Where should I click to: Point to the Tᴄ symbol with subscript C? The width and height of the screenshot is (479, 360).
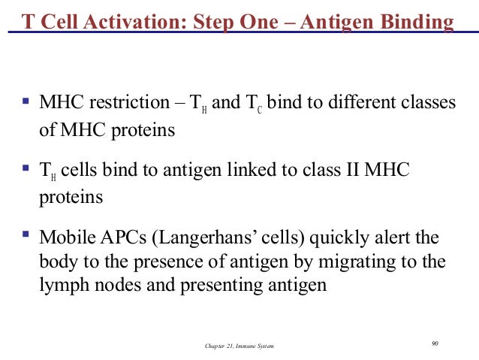[255, 103]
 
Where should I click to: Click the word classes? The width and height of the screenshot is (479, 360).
[429, 102]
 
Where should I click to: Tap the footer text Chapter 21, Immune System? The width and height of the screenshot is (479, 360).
[239, 344]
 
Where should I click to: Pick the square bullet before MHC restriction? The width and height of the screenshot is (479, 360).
[26, 98]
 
